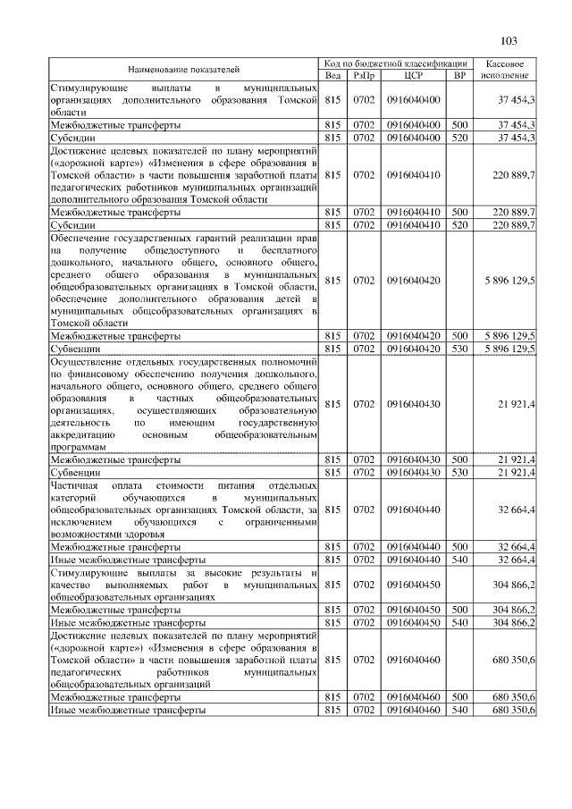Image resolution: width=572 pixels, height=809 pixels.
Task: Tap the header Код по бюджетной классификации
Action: click(x=396, y=63)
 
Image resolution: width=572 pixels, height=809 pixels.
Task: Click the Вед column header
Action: click(x=332, y=75)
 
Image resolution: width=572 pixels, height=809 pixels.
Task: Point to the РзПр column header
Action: click(x=363, y=75)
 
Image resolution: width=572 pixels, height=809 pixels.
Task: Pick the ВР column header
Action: click(x=460, y=75)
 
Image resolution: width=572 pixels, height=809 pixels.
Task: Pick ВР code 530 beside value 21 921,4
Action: click(x=460, y=471)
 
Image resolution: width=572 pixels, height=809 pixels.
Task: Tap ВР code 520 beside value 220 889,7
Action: click(x=460, y=224)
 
